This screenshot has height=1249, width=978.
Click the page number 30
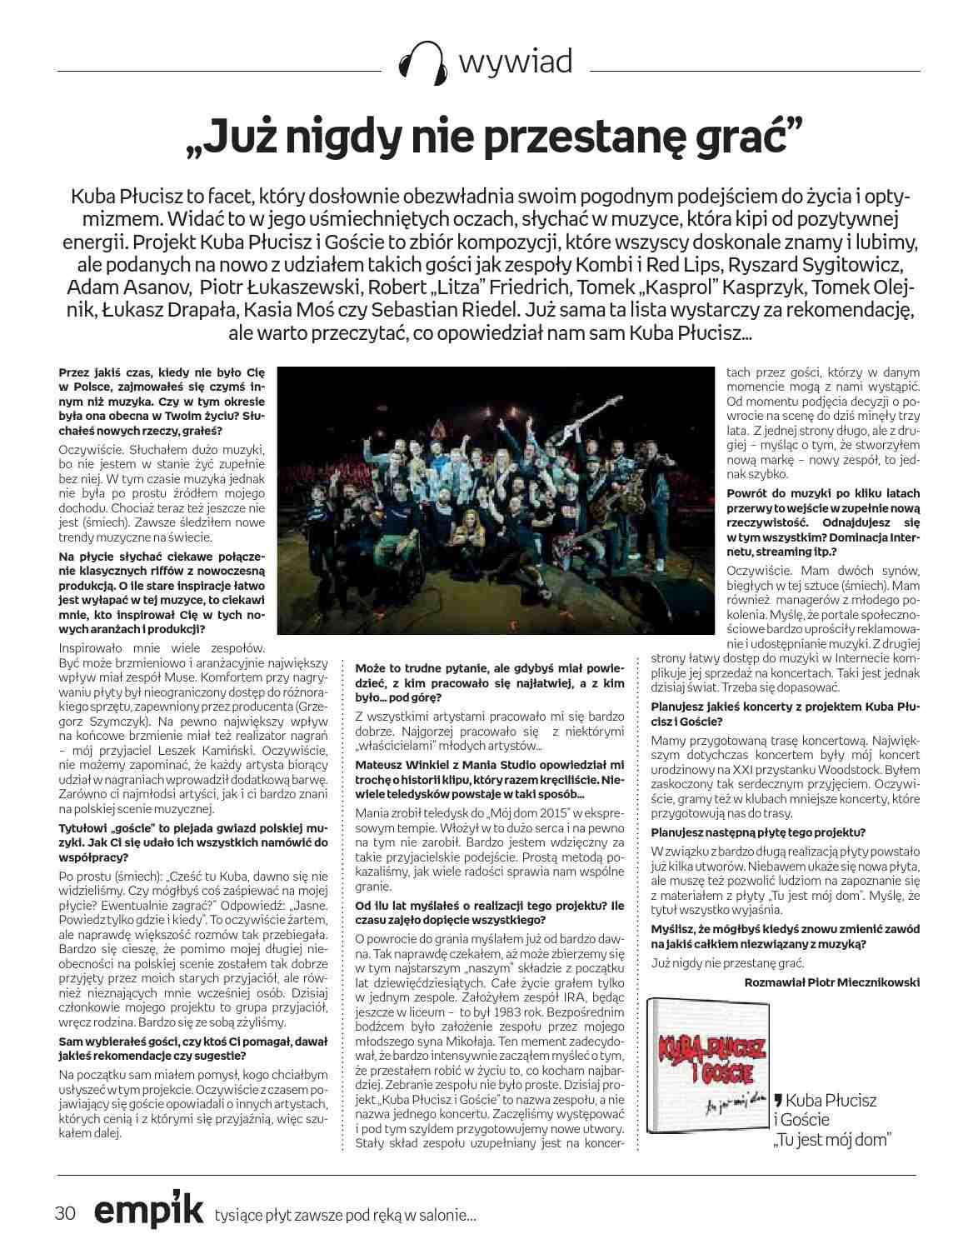click(x=65, y=1212)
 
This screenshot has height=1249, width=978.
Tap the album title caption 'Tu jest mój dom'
click(x=831, y=1140)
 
